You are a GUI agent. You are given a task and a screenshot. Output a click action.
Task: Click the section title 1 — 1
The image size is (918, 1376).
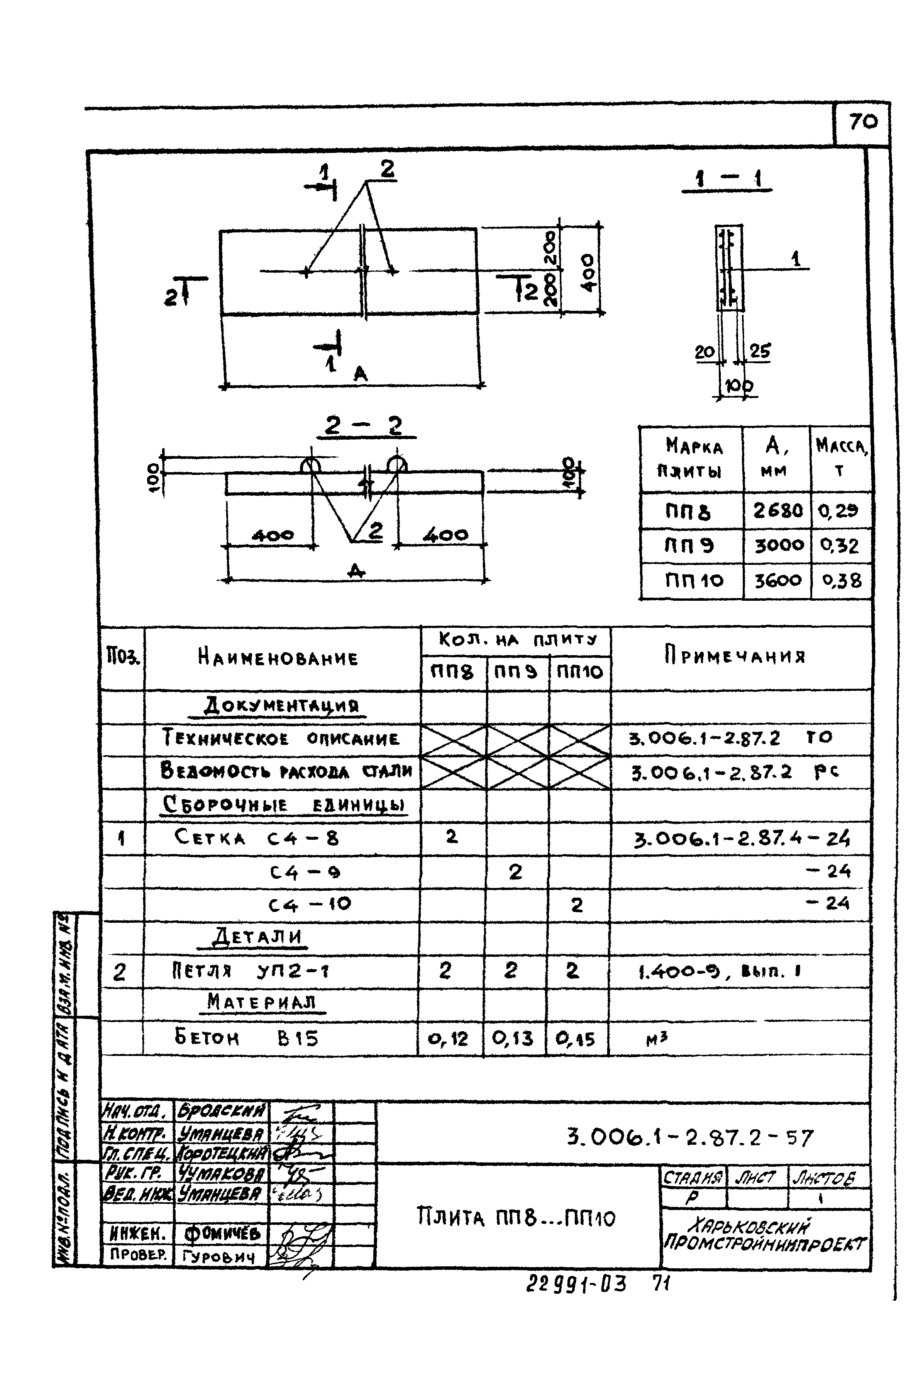coord(727,179)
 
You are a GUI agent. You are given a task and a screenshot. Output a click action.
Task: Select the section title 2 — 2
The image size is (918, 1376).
coord(366,426)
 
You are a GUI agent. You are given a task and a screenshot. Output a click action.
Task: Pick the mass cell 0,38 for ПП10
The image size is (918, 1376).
coord(841,580)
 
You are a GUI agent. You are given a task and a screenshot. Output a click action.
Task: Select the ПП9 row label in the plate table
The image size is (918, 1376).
coord(689,546)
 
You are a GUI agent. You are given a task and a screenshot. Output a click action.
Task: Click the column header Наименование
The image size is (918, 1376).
coord(278,658)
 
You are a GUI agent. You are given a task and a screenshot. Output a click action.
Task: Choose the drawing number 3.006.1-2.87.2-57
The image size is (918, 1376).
coord(690,1138)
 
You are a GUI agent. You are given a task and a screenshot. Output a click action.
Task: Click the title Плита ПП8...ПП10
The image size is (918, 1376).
coord(516,1218)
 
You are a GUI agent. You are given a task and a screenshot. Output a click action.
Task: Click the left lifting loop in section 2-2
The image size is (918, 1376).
coord(311,466)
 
